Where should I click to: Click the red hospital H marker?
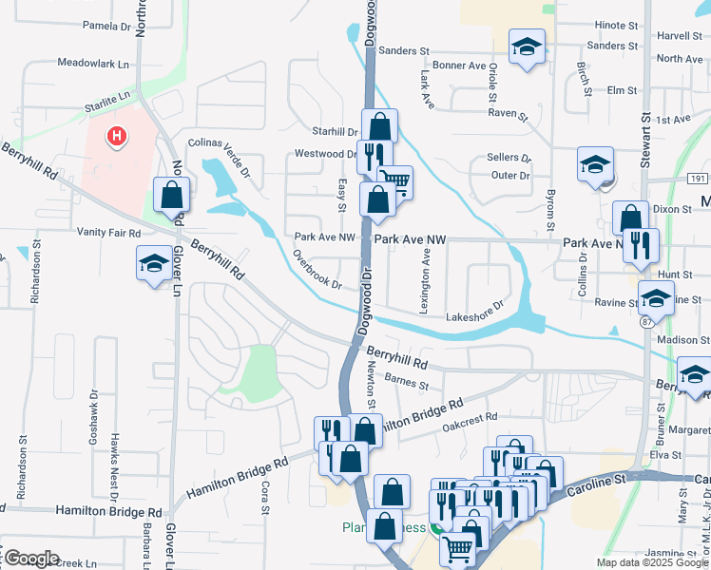(117, 137)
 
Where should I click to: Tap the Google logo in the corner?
(30, 559)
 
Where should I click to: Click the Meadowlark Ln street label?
(92, 64)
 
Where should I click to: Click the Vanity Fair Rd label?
(108, 232)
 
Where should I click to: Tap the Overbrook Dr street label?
(317, 270)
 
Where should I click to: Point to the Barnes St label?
(410, 382)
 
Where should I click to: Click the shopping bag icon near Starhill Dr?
(379, 125)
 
